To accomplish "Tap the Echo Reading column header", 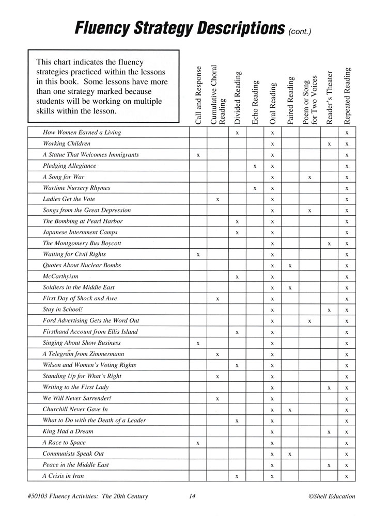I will pyautogui.click(x=255, y=103).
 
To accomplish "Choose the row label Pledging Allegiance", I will pyautogui.click(x=69, y=166).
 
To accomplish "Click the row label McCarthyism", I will pyautogui.click(x=60, y=276).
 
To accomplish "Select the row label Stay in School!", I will pyautogui.click(x=63, y=310).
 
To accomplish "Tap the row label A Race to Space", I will pyautogui.click(x=64, y=443).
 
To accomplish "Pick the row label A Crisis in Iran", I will pyautogui.click(x=63, y=476).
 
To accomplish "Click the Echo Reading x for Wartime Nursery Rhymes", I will pyautogui.click(x=255, y=188).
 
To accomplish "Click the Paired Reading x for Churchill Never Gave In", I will pyautogui.click(x=290, y=410).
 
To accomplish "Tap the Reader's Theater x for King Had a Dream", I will pyautogui.click(x=329, y=432).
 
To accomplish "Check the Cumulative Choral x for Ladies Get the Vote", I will pyautogui.click(x=218, y=199).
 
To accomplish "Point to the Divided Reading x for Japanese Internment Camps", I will pyautogui.click(x=237, y=233).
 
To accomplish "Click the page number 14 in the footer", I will pyautogui.click(x=192, y=497).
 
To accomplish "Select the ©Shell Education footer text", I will pyautogui.click(x=331, y=497).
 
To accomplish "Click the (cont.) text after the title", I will pyautogui.click(x=301, y=30).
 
